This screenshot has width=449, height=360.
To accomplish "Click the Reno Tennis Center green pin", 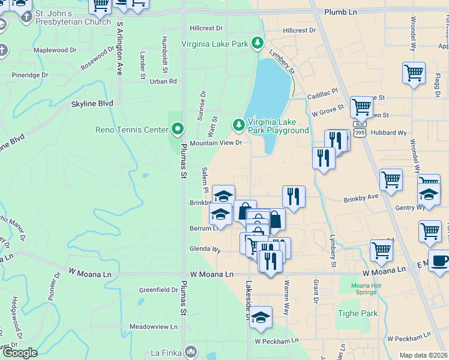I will [177, 129].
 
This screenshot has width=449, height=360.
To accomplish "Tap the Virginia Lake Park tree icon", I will [258, 43].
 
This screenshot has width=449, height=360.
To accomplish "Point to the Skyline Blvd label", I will [92, 103].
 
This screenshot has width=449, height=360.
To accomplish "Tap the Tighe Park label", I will [358, 313].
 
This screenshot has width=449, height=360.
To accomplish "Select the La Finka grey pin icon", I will [191, 351].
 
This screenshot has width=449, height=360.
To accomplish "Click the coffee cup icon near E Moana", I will [441, 261].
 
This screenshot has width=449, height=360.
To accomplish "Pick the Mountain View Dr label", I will [215, 143].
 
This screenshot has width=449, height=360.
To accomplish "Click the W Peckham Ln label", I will [276, 341].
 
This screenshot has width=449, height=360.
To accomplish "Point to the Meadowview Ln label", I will [154, 327].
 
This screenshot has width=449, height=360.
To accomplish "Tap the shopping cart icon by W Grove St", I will [361, 107].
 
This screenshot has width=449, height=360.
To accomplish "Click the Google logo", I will [20, 353].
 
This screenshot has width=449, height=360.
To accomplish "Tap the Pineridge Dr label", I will [30, 75].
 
